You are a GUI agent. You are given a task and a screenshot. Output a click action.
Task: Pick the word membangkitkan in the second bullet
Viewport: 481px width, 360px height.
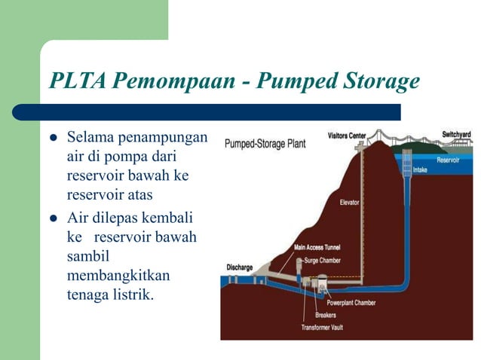pos(114,274)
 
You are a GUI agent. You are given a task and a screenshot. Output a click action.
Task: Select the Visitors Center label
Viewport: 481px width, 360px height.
pos(347,136)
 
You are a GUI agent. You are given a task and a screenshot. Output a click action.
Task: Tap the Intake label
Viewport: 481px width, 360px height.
pos(420,170)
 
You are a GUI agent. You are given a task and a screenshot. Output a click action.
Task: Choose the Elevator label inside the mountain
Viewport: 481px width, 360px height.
pos(349,203)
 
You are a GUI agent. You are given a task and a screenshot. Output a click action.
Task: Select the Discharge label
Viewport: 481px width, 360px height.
pos(240,267)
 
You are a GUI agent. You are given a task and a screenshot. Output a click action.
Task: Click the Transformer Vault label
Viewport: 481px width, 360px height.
pos(322,328)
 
